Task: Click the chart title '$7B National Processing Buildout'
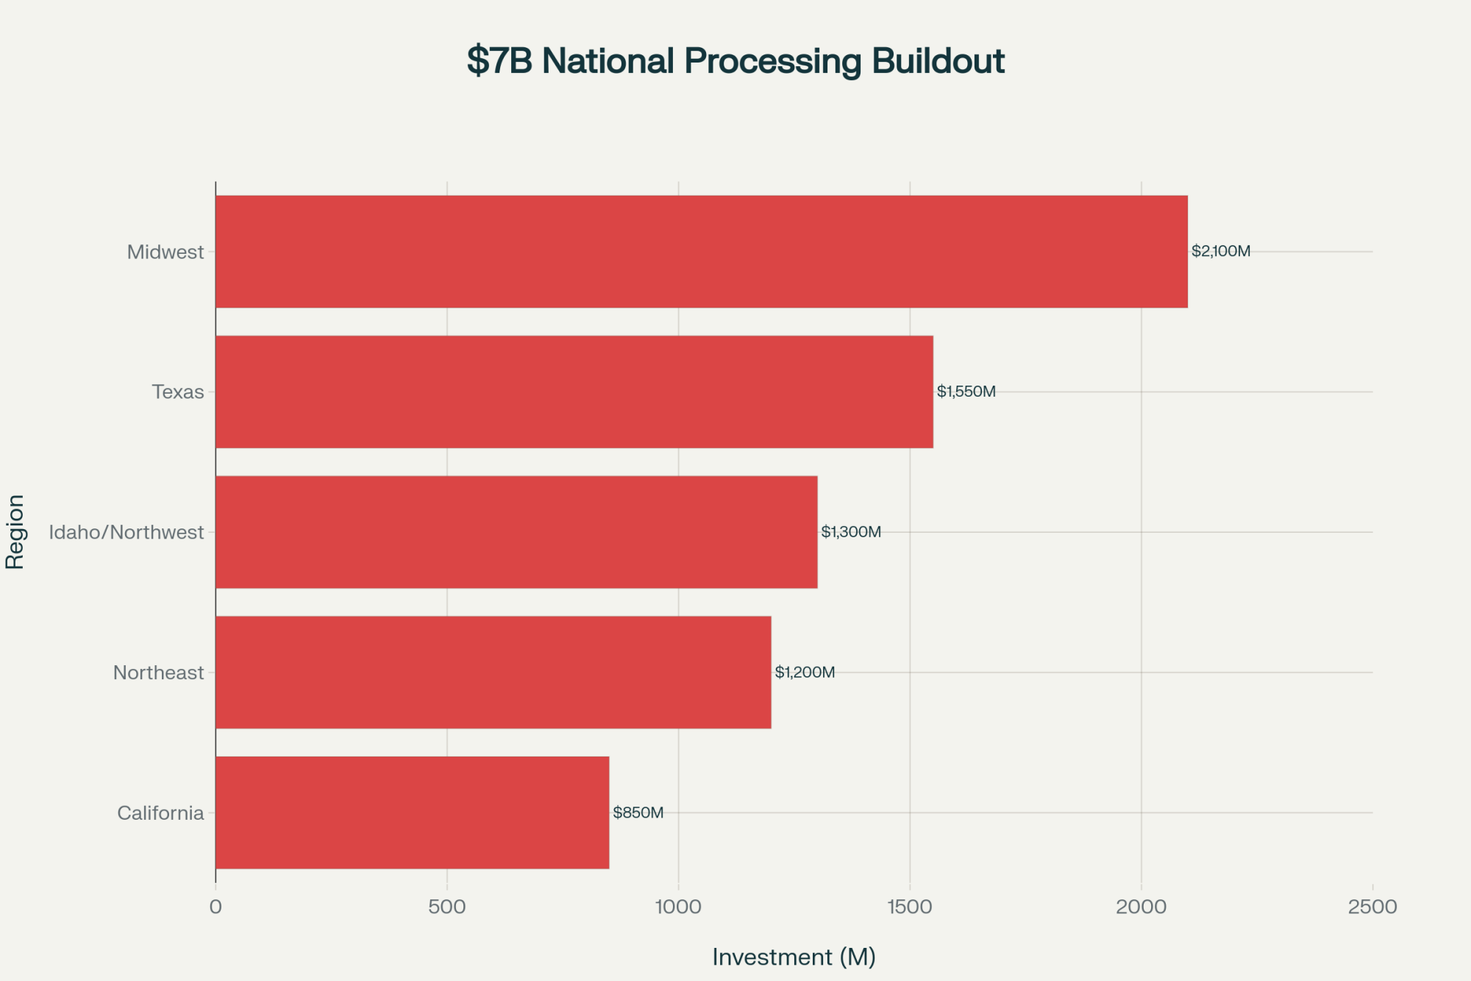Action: point(735,61)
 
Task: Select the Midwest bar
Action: point(701,252)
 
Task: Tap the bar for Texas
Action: point(574,392)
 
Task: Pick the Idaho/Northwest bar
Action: point(516,532)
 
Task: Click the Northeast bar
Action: point(493,673)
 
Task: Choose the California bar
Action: point(412,812)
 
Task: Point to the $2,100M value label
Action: point(1221,252)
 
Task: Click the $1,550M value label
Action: point(966,392)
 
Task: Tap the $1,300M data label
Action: point(851,532)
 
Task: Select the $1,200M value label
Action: point(805,673)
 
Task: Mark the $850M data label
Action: point(638,813)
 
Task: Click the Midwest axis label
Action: point(165,252)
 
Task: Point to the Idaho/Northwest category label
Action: point(127,532)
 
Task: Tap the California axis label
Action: point(160,813)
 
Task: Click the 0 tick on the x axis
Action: point(216,907)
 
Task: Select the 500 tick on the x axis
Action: point(447,907)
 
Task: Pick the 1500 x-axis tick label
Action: point(910,907)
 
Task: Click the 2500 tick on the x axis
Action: point(1372,907)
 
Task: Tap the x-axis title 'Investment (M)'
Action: point(794,957)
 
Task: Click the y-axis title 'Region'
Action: point(15,531)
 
